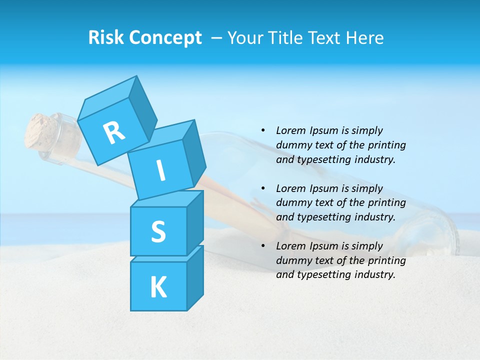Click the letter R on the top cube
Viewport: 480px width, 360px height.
coord(114,132)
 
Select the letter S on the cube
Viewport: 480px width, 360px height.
coord(158,231)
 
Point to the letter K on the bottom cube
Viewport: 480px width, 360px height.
coord(158,287)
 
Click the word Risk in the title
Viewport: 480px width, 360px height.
coord(105,38)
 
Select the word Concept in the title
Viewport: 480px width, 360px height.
coord(166,38)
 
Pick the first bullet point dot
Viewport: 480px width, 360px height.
coord(263,130)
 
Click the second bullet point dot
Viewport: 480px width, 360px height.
coord(263,188)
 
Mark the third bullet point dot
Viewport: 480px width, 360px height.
coord(263,246)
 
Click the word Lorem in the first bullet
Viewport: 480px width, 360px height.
coord(290,130)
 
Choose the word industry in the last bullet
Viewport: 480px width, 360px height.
coord(371,274)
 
